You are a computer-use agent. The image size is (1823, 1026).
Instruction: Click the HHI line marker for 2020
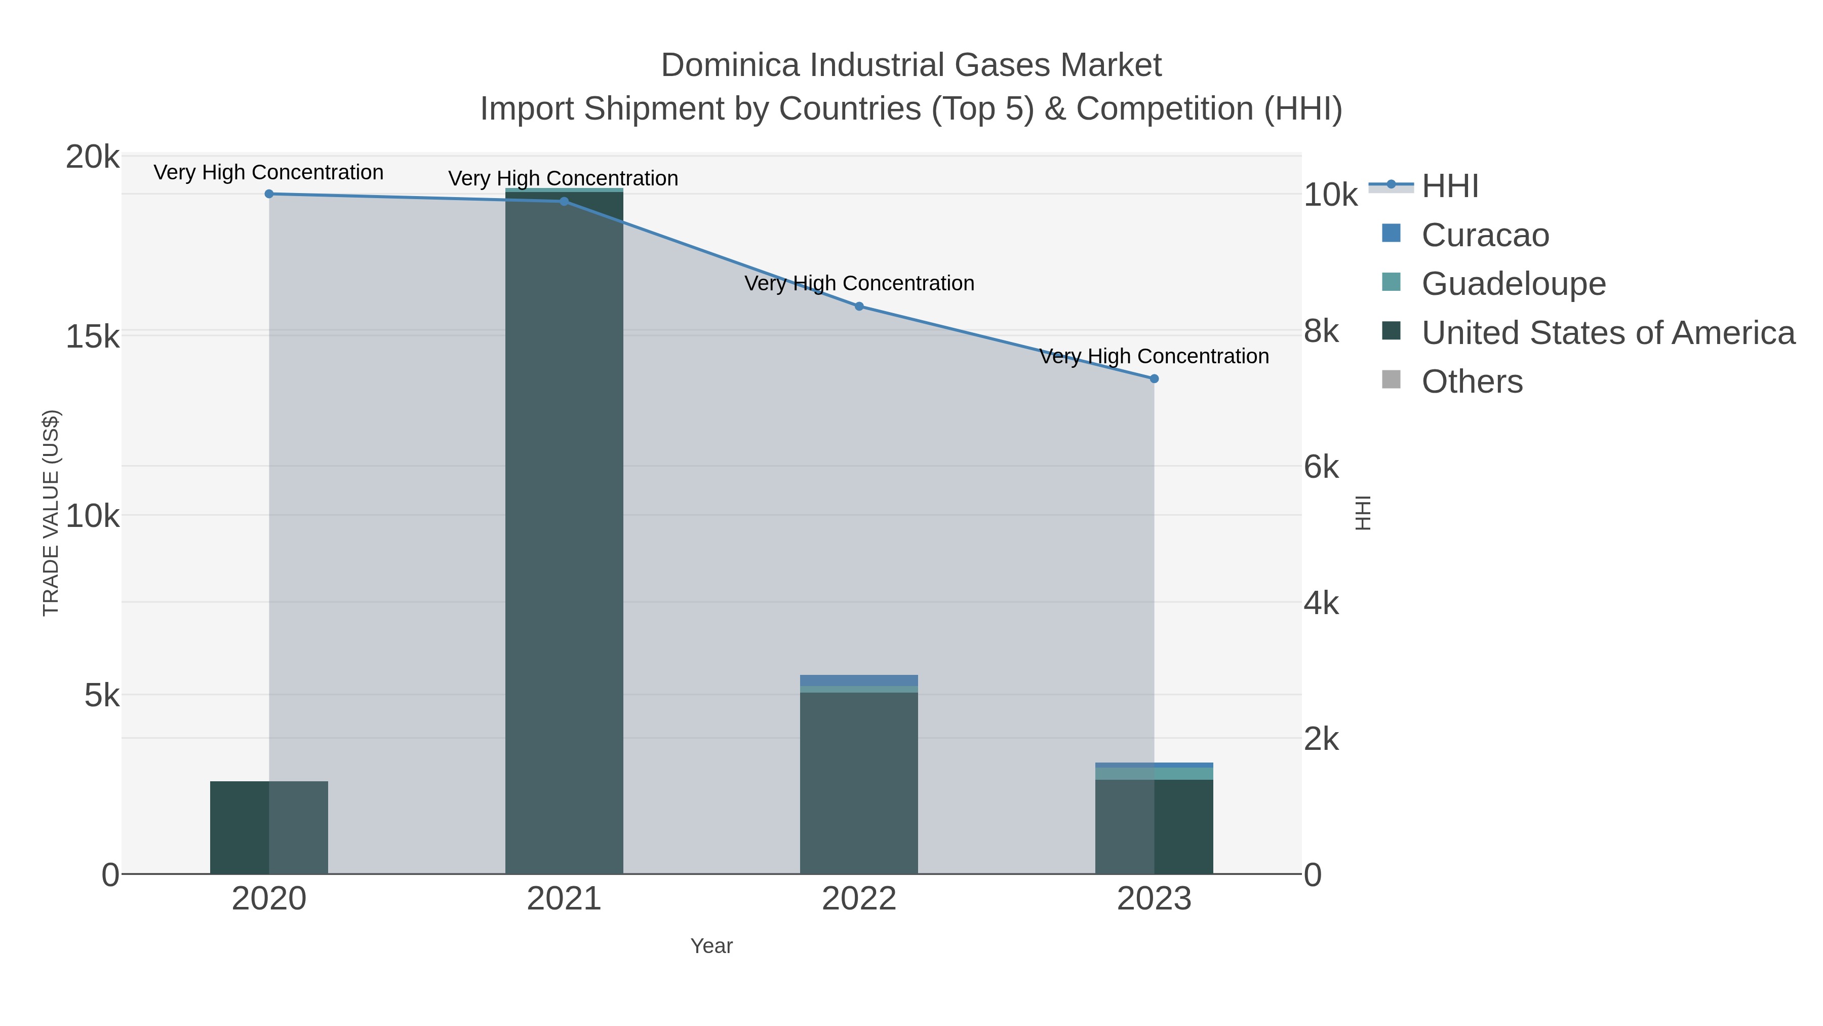[269, 194]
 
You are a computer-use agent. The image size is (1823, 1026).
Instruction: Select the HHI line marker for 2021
[564, 202]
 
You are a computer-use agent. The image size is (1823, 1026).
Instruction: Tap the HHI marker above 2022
[859, 307]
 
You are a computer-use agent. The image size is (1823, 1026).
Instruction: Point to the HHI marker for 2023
[1154, 379]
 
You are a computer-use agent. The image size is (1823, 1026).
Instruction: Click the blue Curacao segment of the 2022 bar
[859, 680]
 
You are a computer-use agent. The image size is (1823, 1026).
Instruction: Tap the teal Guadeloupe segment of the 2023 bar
[1154, 774]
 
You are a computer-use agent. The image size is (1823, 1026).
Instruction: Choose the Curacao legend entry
[1485, 235]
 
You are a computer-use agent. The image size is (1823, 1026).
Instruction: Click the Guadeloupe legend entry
[1513, 284]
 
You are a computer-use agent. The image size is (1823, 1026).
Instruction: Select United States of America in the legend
[1606, 333]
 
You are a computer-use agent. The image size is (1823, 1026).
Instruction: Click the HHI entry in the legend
[1449, 186]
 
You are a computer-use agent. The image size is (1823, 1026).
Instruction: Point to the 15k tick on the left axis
[93, 337]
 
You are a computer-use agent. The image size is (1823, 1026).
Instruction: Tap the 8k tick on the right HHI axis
[1321, 331]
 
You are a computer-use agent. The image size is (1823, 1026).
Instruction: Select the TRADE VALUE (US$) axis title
[51, 513]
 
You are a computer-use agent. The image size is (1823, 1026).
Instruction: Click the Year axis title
[711, 946]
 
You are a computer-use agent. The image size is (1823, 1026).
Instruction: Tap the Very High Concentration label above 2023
[1154, 356]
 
